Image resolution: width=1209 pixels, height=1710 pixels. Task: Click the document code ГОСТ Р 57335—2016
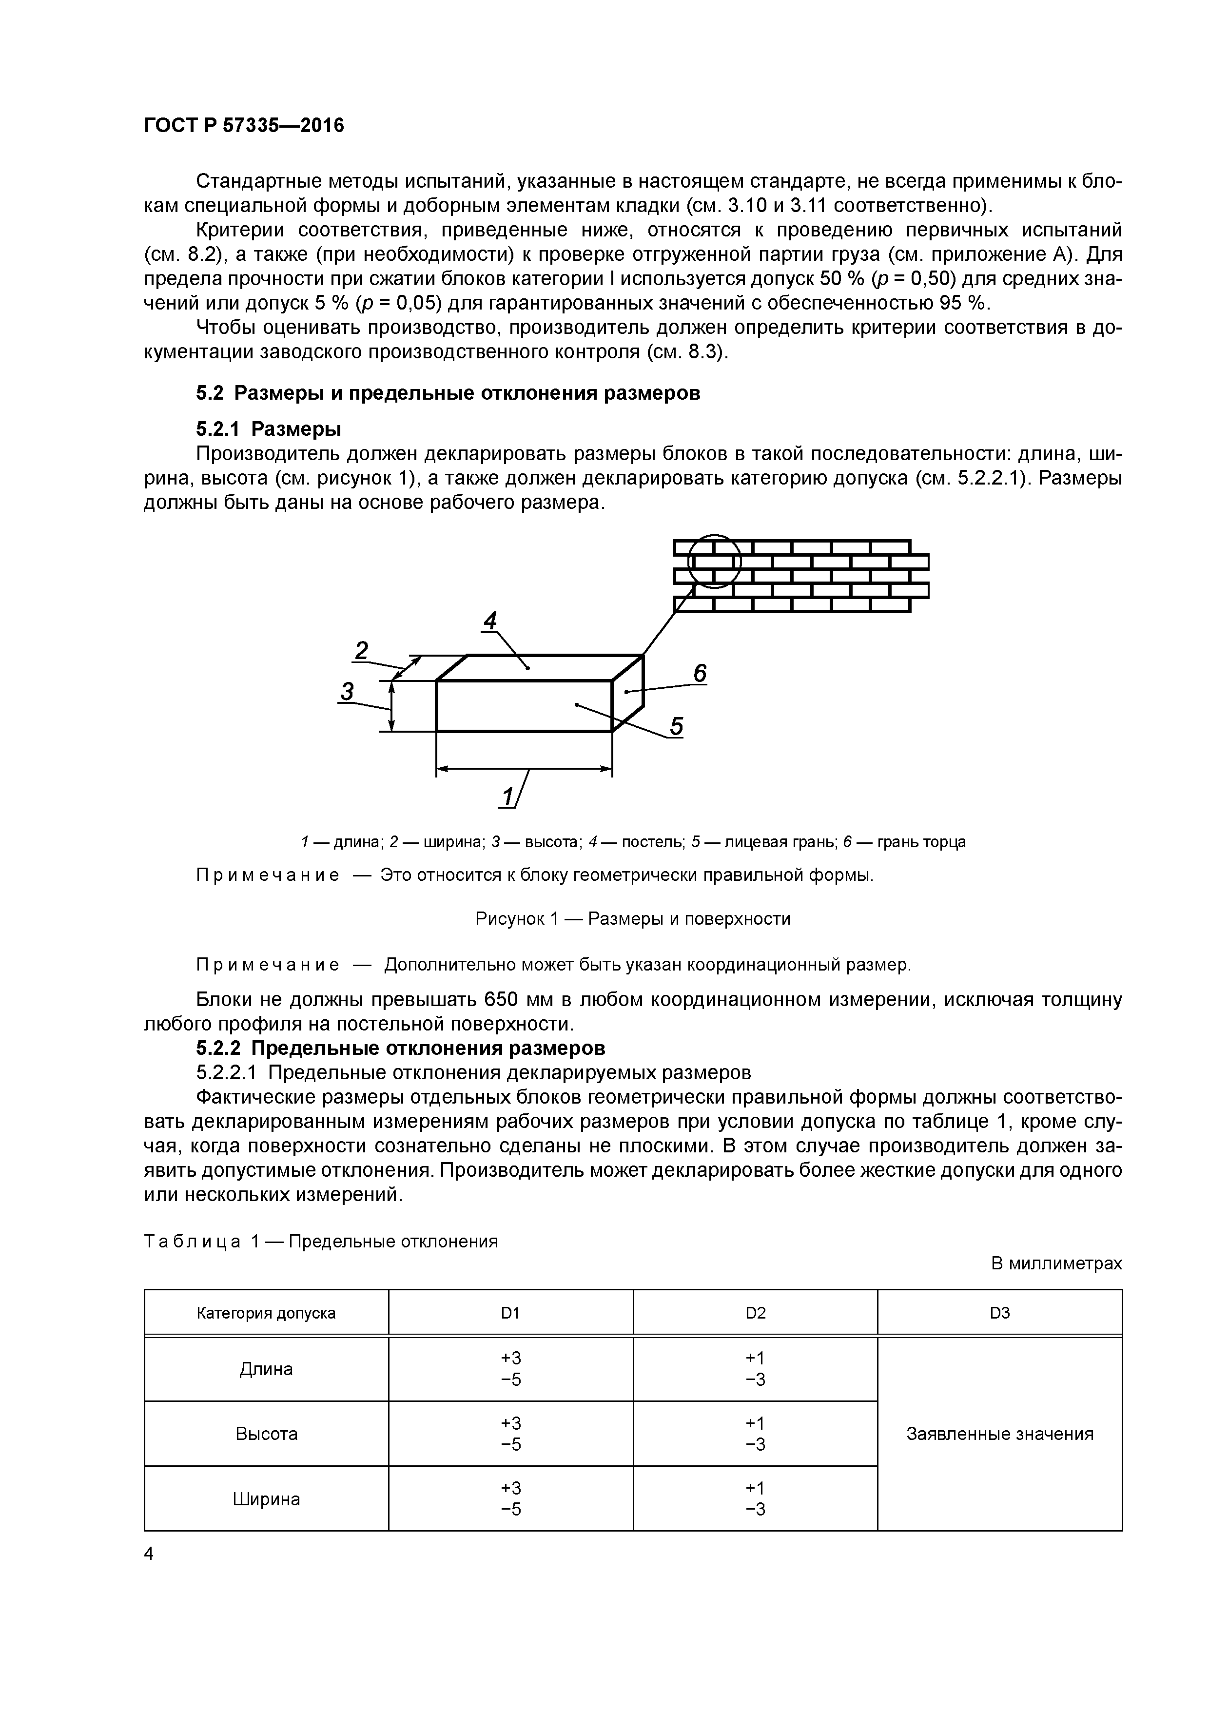tap(244, 125)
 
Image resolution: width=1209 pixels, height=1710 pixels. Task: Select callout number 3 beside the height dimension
tap(347, 692)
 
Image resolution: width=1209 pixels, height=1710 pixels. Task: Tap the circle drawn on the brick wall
tap(714, 561)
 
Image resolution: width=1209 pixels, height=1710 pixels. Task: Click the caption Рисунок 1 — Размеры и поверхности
tap(632, 918)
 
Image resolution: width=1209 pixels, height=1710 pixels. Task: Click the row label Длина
tap(266, 1369)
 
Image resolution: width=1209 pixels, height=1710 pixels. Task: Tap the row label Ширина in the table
tap(266, 1498)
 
